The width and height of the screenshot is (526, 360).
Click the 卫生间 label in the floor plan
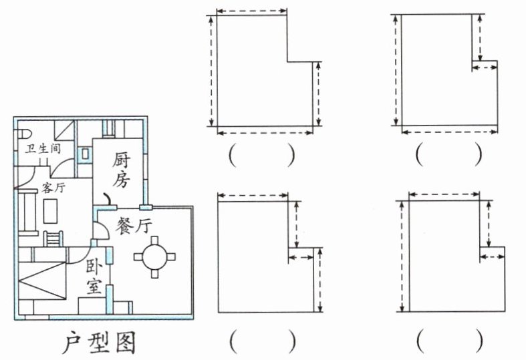(x=43, y=148)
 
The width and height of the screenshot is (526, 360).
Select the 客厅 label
(x=53, y=188)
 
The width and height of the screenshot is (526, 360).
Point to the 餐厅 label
(x=134, y=225)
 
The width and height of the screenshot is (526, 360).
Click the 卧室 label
(x=94, y=277)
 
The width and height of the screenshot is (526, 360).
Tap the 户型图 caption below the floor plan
(x=99, y=343)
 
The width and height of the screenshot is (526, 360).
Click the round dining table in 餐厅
(x=154, y=257)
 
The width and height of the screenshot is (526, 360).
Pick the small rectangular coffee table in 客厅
(x=50, y=211)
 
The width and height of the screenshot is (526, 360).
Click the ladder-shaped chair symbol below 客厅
(x=53, y=238)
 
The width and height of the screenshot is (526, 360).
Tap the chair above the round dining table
(x=154, y=240)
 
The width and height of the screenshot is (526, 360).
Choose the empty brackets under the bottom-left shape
(x=263, y=341)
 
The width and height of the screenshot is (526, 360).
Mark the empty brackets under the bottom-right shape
(x=450, y=341)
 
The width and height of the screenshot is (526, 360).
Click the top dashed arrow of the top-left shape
(x=251, y=11)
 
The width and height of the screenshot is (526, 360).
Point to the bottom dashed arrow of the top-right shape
(x=450, y=132)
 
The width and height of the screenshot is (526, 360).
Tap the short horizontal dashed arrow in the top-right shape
(x=485, y=67)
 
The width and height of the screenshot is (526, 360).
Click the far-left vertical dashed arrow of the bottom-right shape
(x=402, y=256)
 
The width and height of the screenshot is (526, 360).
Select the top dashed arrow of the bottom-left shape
(x=253, y=196)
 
